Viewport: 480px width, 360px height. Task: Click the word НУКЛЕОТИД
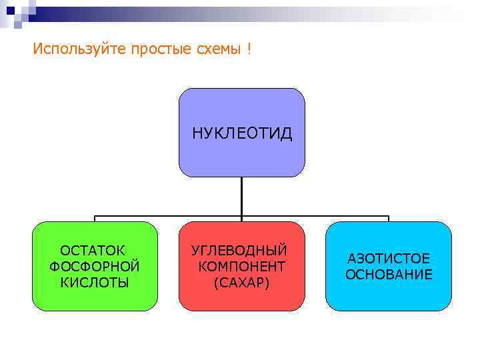click(x=242, y=133)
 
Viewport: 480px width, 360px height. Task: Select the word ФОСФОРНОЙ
click(x=95, y=267)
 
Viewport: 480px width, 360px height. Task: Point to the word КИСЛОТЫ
click(x=95, y=282)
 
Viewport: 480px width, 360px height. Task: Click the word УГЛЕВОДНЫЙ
click(x=239, y=251)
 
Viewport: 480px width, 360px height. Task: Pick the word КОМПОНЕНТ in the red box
click(x=242, y=267)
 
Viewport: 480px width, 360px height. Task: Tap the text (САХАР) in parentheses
click(x=241, y=283)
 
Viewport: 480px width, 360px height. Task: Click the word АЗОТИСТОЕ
click(x=389, y=259)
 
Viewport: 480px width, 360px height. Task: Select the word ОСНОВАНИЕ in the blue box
click(x=389, y=275)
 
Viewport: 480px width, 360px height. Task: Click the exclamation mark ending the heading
click(x=249, y=49)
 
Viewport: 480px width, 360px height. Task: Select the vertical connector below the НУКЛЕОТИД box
click(x=242, y=196)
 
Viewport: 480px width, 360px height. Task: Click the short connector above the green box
click(x=95, y=219)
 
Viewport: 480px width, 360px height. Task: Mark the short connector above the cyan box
click(x=389, y=219)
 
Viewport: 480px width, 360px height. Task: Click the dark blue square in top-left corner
click(x=9, y=9)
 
